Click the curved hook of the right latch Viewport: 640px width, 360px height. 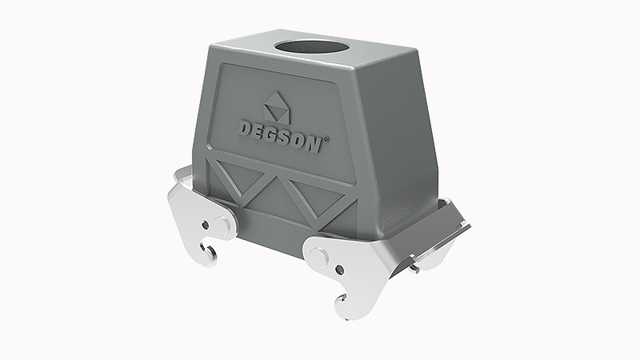pos(341,302)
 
